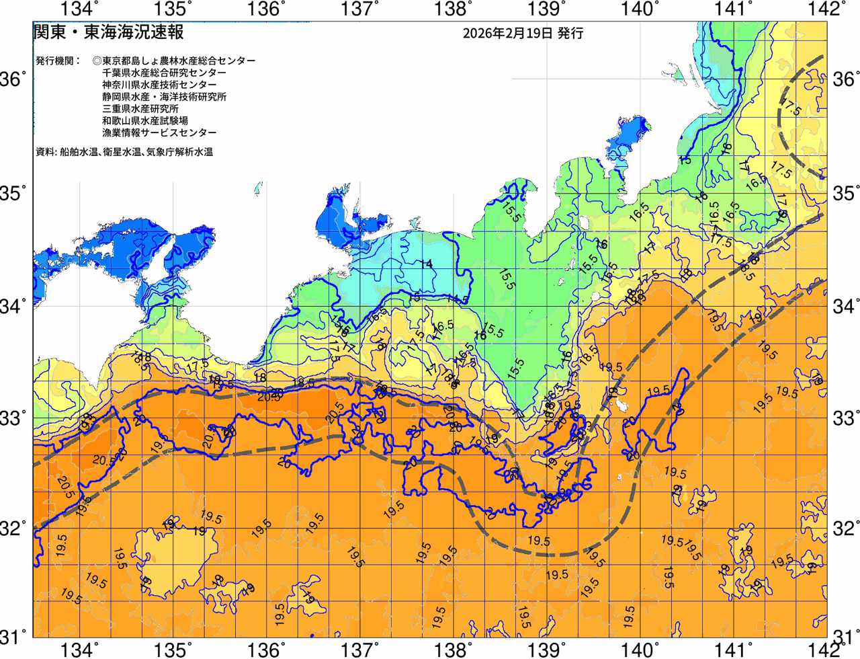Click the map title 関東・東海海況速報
click(x=108, y=32)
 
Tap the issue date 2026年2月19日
click(x=507, y=33)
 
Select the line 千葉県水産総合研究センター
click(x=164, y=73)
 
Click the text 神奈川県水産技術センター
click(x=159, y=85)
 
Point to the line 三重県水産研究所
click(x=140, y=109)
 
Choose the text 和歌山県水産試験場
click(x=145, y=121)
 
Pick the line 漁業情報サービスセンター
click(x=159, y=133)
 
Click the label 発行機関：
click(x=58, y=61)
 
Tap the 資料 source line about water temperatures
click(x=124, y=152)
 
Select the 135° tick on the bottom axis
click(x=173, y=650)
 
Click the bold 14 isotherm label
click(x=426, y=264)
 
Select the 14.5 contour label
click(x=458, y=299)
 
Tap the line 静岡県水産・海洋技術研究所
click(x=164, y=97)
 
